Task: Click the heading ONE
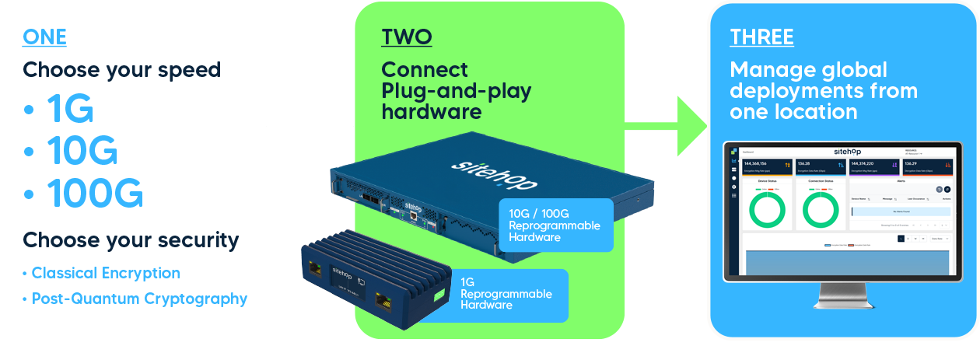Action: click(x=44, y=37)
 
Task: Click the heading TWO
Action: click(x=406, y=37)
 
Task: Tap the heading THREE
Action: click(x=761, y=37)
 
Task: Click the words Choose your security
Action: click(x=131, y=239)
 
